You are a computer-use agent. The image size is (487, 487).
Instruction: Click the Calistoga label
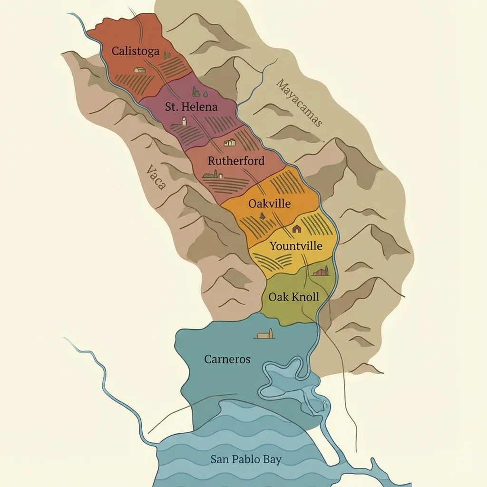point(135,51)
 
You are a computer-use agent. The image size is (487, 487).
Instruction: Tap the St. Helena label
point(191,107)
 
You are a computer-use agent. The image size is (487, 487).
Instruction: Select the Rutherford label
point(236,161)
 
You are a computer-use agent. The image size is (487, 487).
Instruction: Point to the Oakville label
point(269,204)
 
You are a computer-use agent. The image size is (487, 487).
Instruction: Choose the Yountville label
point(296,246)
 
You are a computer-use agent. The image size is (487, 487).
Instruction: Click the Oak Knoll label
point(293,297)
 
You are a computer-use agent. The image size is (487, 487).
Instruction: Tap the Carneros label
point(227,359)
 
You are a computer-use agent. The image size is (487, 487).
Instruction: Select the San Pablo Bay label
point(246,459)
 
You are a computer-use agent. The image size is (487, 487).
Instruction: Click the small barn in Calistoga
point(139,70)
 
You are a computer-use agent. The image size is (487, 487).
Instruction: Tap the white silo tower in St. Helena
point(184,121)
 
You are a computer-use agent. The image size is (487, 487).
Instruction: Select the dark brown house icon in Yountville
point(297,229)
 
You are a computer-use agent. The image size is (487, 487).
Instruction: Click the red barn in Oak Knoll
point(321,272)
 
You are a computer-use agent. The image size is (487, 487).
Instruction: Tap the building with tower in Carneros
point(265,334)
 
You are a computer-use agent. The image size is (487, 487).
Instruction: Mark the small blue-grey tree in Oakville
point(261,216)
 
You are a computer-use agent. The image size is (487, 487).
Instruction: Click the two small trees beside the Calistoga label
point(167,55)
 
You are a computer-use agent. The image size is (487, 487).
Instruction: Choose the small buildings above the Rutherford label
point(230,142)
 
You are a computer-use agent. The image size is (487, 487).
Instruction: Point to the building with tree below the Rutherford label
point(211,175)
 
